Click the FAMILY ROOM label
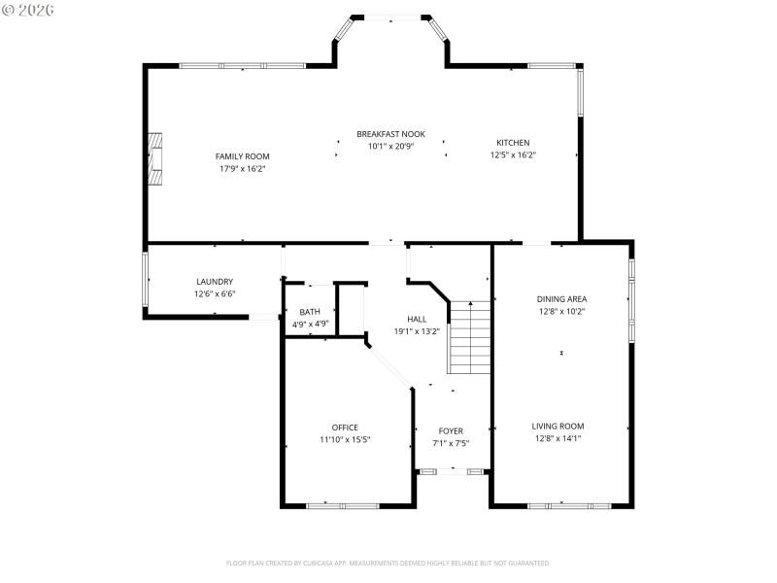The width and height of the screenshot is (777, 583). coord(242,156)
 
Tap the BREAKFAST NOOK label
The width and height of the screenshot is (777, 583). coord(390,134)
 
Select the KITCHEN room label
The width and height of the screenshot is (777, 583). coord(513,143)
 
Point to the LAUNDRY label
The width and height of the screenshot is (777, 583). coord(214,282)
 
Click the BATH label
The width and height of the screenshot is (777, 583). coord(310,312)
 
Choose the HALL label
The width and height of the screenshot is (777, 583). coord(417,319)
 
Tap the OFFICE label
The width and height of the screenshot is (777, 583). coord(345,428)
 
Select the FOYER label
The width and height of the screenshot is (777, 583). coord(451,430)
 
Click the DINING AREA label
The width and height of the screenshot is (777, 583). coord(561,299)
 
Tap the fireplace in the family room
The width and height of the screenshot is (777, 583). coord(155,156)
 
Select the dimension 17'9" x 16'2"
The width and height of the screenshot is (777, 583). coord(242,168)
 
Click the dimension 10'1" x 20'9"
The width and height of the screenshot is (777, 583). coord(390,146)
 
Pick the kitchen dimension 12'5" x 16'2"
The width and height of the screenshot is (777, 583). coord(513,154)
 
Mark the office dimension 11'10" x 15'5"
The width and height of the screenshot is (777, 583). coord(345,439)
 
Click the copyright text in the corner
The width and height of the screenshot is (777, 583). coord(28,9)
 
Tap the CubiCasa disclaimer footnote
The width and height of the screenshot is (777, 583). coord(388,563)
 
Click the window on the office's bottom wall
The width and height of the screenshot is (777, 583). coord(342,505)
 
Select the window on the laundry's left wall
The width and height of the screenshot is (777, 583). coord(147,280)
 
